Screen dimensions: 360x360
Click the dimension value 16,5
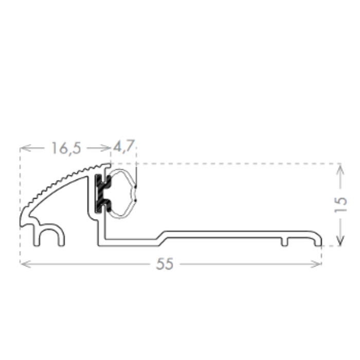66,148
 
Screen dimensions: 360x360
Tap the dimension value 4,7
124,146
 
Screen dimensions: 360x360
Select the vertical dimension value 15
340,205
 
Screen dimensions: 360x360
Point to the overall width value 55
165,264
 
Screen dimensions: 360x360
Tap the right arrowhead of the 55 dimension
316,264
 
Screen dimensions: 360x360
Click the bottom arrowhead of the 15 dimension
340,240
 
